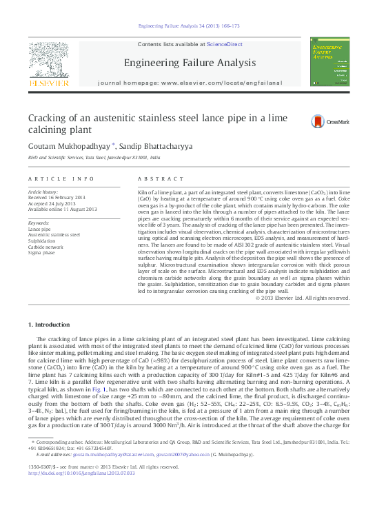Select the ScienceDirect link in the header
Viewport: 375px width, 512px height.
click(x=225, y=44)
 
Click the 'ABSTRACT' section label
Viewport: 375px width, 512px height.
click(x=156, y=178)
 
